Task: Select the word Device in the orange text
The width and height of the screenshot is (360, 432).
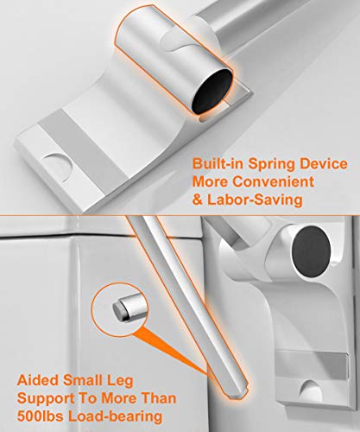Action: [327, 163]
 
